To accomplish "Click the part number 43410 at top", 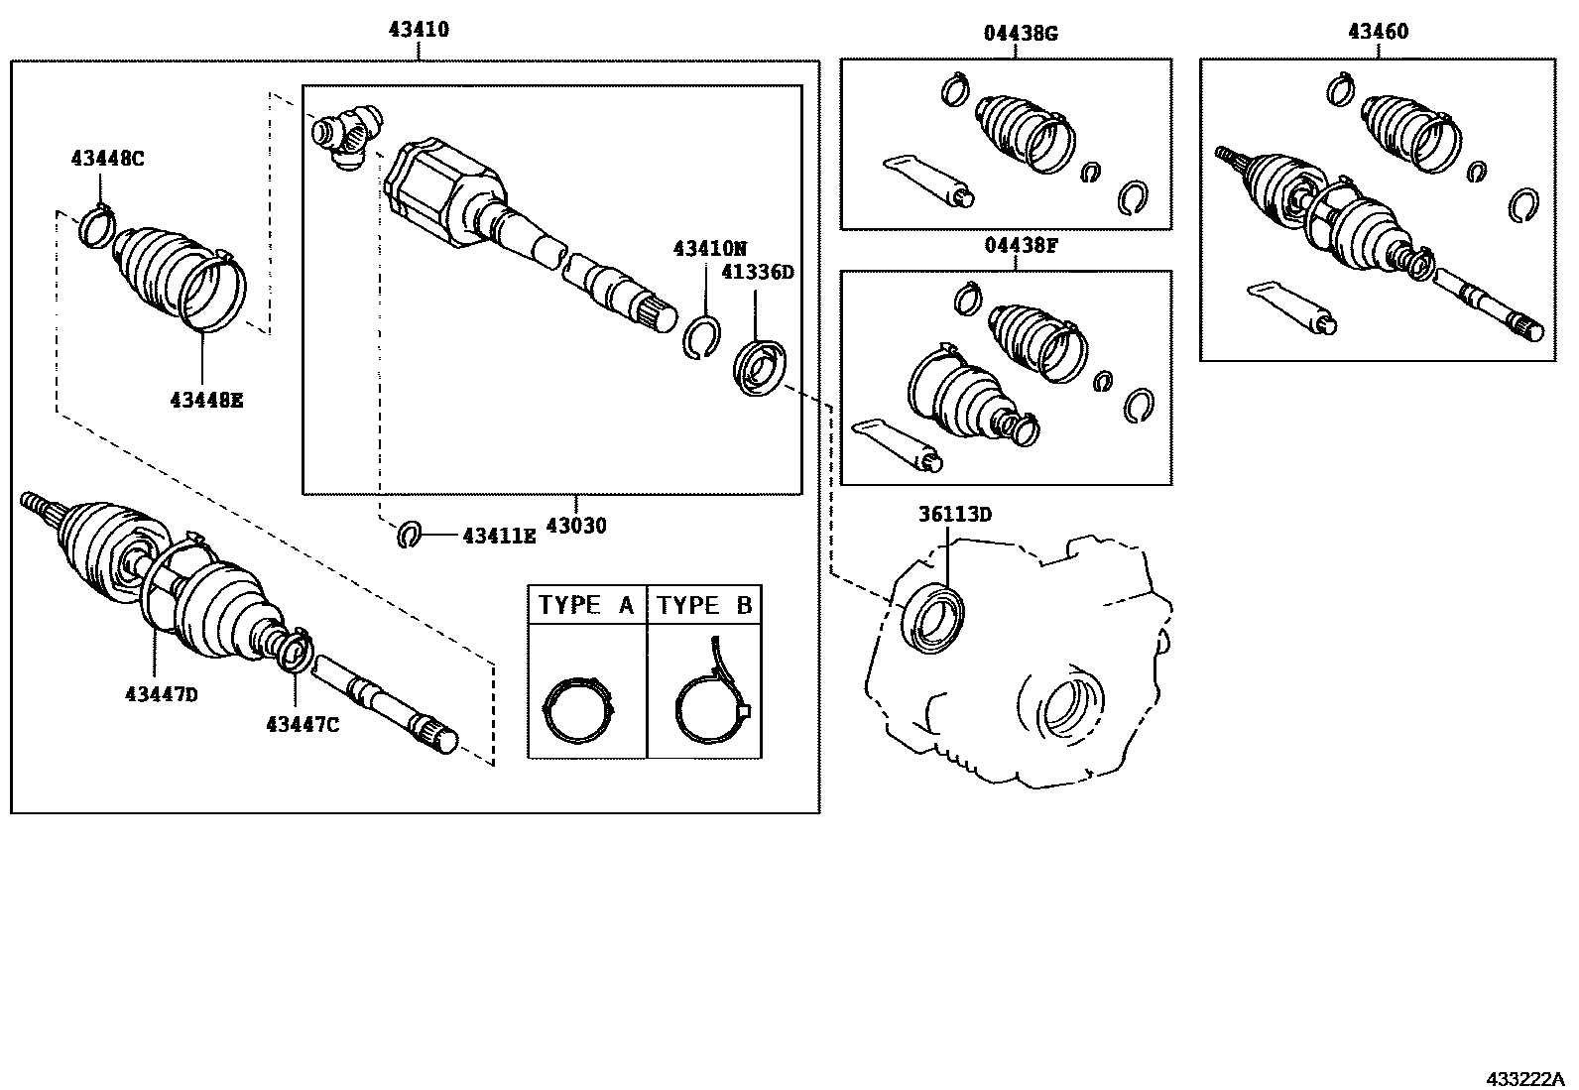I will pos(418,30).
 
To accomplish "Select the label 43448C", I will pos(107,157).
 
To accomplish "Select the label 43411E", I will pos(499,536).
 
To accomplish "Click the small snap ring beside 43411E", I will pos(411,535).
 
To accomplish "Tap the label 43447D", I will pos(161,694).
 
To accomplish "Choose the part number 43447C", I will pos(302,725).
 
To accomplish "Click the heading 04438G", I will pos(1021,33).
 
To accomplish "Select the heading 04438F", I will pos(1021,245).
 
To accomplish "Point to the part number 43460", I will pos(1377,32).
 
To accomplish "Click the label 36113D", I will pos(954,514).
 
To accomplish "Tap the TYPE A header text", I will pos(586,605).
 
